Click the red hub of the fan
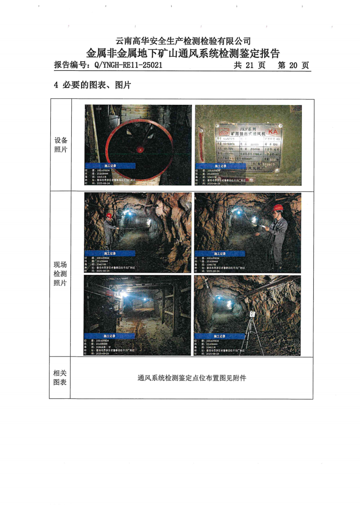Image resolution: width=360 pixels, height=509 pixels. point(141,149)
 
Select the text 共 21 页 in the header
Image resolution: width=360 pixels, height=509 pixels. point(249,65)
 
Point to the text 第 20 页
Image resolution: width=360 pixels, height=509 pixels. point(293,65)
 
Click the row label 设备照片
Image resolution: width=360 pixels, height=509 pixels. point(60,145)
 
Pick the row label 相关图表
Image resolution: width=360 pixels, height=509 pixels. point(60,377)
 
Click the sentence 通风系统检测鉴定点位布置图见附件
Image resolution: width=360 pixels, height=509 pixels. point(192,377)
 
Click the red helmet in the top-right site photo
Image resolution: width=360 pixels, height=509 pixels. point(278,208)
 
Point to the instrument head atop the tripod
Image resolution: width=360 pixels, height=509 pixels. point(252,314)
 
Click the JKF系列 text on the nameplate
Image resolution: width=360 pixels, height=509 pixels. point(247,128)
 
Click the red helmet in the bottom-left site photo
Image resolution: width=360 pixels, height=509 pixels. point(109,293)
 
